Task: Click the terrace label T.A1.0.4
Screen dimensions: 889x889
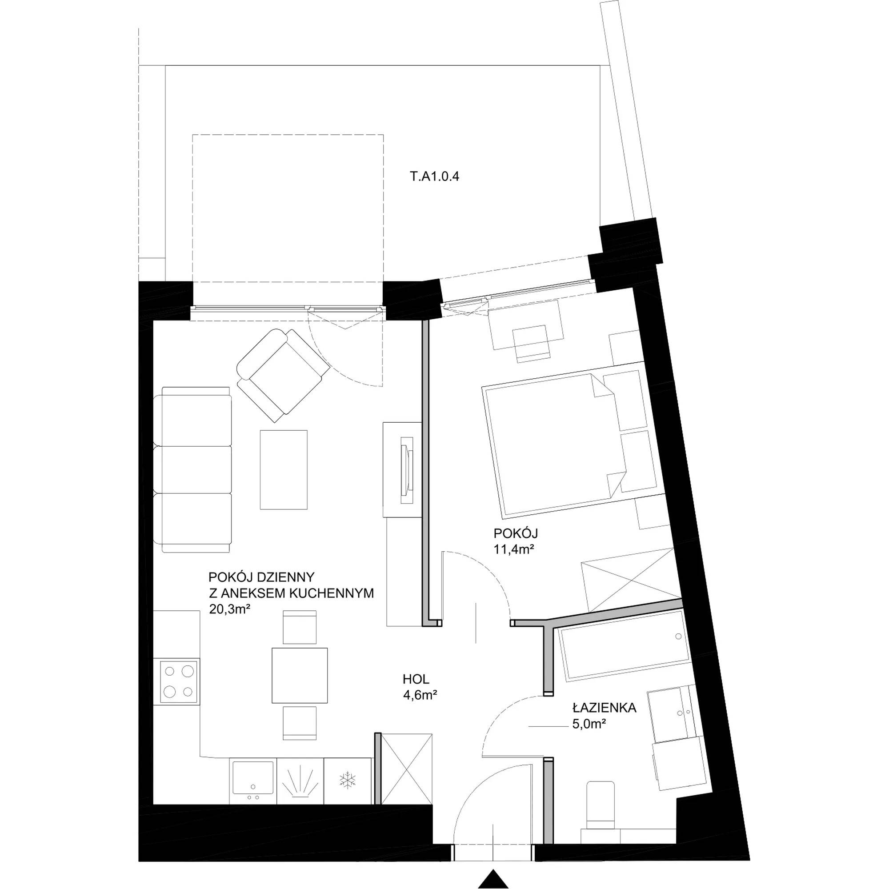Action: click(434, 177)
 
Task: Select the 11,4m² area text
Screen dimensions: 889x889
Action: click(513, 549)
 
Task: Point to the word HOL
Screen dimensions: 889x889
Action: click(416, 679)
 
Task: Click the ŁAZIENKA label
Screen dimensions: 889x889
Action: click(604, 708)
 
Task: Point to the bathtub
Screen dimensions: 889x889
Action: click(624, 645)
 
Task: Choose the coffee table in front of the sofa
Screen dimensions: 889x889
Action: click(284, 470)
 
